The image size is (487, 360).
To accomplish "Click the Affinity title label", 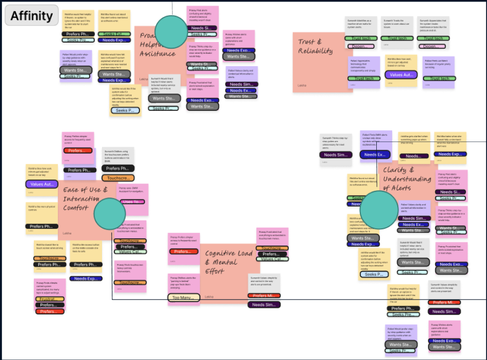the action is click(32, 15).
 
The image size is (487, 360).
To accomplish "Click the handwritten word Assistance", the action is click(157, 53).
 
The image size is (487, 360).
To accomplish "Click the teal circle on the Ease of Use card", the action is click(110, 214).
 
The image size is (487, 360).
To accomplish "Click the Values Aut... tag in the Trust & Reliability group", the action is click(401, 74).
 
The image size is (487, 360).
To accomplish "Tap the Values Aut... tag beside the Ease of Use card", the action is click(42, 184).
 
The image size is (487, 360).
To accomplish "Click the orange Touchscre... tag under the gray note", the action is click(117, 178).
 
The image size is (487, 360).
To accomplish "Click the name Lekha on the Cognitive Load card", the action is click(209, 297).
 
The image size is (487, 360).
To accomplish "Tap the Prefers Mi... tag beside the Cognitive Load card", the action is click(265, 296).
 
